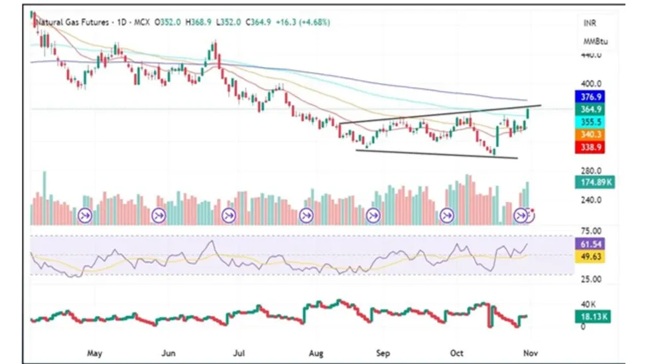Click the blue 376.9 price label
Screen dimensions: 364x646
click(x=591, y=97)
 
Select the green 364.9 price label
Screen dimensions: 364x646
click(x=591, y=110)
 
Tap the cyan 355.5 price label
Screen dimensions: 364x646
click(x=591, y=122)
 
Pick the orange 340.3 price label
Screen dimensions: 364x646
click(x=591, y=135)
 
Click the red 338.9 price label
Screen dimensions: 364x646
click(x=591, y=147)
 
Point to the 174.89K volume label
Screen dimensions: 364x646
click(x=594, y=182)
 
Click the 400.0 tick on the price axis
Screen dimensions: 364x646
click(x=591, y=84)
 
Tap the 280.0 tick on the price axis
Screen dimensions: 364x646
click(x=591, y=171)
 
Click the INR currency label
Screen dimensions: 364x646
click(x=590, y=23)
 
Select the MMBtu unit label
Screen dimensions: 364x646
click(x=594, y=42)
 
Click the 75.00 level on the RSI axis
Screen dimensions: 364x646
click(x=591, y=231)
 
